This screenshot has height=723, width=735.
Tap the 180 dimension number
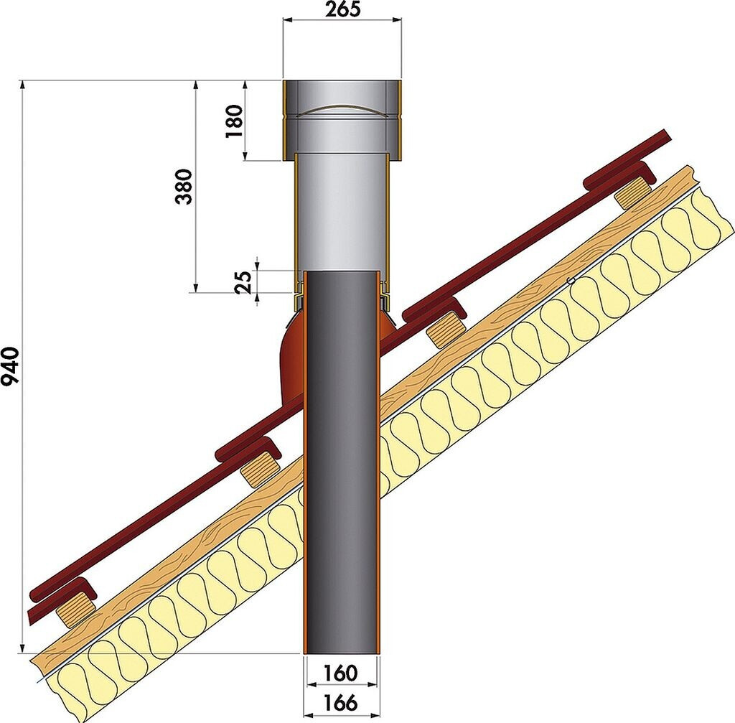pyautogui.click(x=235, y=121)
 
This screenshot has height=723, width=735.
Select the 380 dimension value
pyautogui.click(x=184, y=187)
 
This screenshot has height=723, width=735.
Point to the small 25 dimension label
pyautogui.click(x=243, y=282)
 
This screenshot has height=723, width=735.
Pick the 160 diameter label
pyautogui.click(x=340, y=673)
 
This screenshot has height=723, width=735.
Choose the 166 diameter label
pyautogui.click(x=340, y=702)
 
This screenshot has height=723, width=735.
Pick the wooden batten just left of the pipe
pyautogui.click(x=259, y=470)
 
